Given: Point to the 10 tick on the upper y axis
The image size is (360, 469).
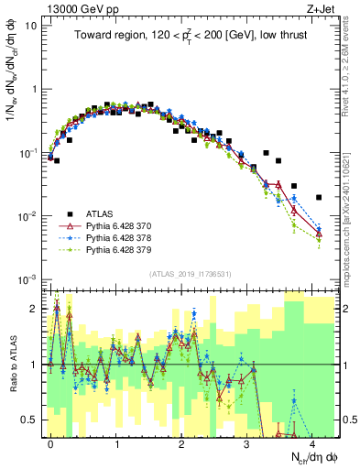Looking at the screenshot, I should pyautogui.click(x=29, y=26).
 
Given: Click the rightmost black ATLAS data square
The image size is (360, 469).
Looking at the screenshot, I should pyautogui.click(x=318, y=197).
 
